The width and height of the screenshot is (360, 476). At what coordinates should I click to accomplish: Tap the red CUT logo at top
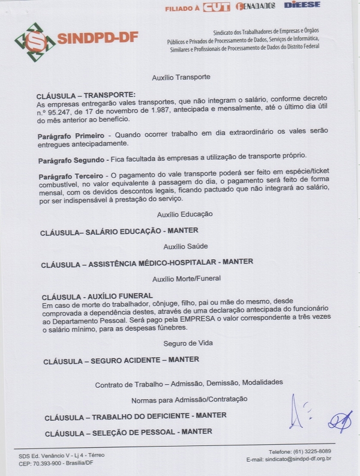217,7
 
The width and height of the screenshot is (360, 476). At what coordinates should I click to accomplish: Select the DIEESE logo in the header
302,5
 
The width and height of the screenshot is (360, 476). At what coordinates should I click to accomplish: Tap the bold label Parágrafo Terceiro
70,175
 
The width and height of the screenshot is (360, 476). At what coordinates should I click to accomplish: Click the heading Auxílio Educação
185,214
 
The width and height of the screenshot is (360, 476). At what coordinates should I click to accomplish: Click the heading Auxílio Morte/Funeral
187,279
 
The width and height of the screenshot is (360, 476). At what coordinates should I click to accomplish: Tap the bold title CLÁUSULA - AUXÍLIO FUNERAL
98,297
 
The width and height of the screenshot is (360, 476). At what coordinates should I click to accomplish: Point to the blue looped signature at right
340,422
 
